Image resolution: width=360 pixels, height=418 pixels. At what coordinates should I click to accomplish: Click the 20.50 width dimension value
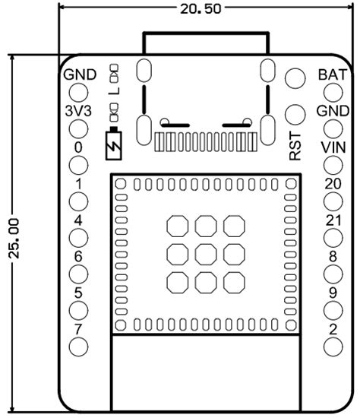(x=201, y=8)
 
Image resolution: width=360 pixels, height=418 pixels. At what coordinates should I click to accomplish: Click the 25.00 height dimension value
(x=14, y=239)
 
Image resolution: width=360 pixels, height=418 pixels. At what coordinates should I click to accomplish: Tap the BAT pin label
(x=333, y=74)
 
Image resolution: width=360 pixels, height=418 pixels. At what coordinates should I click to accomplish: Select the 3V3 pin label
(x=78, y=111)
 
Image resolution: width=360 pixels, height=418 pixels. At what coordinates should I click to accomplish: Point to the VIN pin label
(x=333, y=147)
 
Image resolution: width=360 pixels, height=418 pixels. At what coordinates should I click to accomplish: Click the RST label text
(x=295, y=146)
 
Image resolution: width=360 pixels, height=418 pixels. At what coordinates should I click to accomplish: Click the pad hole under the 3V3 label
(x=78, y=129)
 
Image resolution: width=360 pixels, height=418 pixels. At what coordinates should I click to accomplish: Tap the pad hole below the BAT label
(x=333, y=93)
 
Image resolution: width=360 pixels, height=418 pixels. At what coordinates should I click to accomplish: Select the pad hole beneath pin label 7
(x=78, y=347)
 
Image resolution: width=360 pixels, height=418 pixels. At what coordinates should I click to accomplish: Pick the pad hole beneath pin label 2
(x=333, y=347)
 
